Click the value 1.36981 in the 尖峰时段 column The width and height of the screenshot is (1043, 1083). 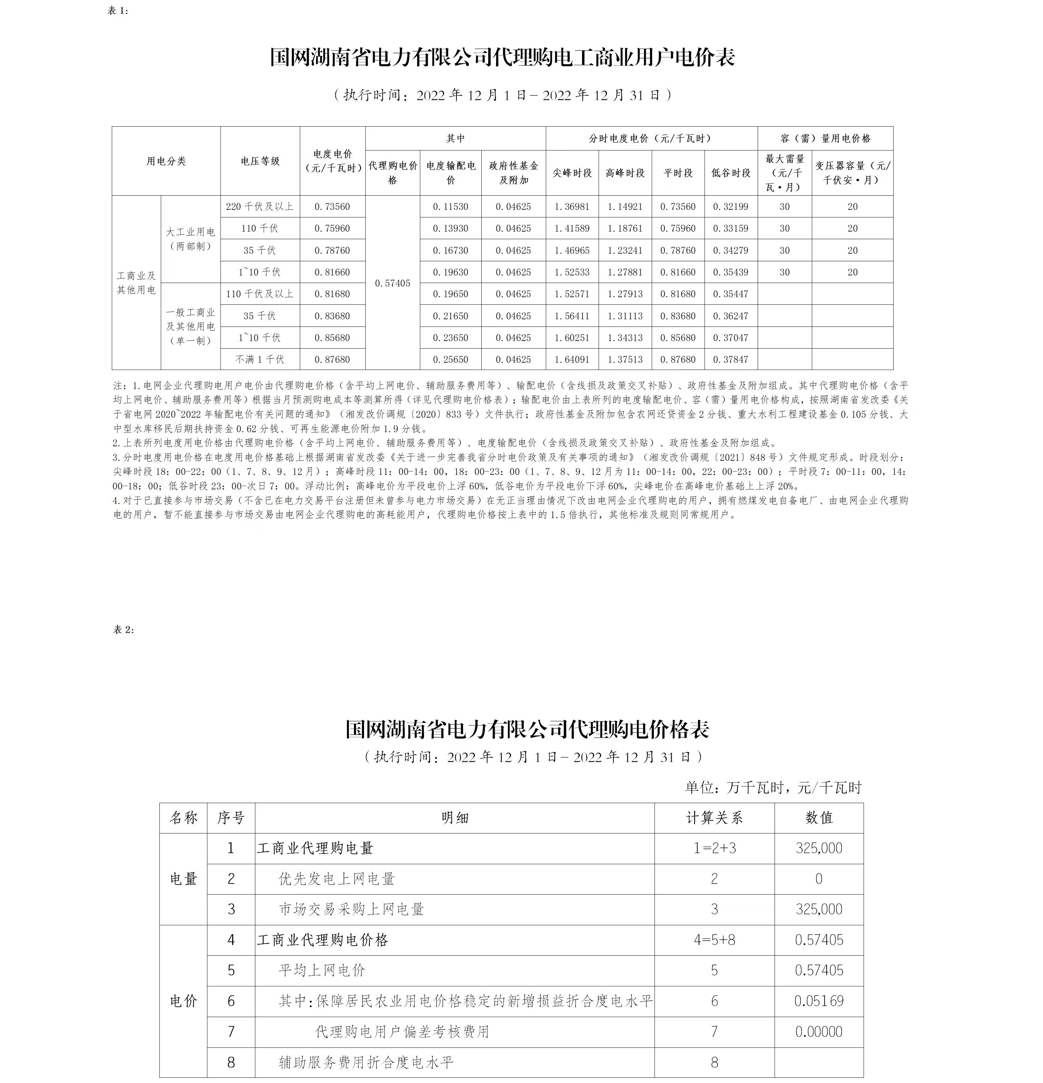(x=572, y=207)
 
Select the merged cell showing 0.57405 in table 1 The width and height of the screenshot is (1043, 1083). (x=392, y=283)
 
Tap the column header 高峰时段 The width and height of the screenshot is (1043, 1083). (x=625, y=173)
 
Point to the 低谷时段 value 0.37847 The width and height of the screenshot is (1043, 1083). (x=730, y=359)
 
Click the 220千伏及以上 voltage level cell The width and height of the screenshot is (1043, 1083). (x=260, y=207)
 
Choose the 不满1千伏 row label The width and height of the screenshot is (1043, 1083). (x=260, y=359)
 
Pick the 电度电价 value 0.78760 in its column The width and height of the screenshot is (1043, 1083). (x=332, y=250)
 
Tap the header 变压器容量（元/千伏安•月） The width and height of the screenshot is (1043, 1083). (x=853, y=173)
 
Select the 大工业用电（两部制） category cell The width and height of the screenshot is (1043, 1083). (x=190, y=239)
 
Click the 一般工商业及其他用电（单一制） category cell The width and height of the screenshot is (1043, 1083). (x=190, y=326)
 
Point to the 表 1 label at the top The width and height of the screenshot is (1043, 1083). (x=118, y=10)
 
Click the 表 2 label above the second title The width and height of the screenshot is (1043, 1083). (x=124, y=630)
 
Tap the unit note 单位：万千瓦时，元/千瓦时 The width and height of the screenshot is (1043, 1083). (x=774, y=787)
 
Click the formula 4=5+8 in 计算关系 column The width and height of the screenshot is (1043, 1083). (x=714, y=940)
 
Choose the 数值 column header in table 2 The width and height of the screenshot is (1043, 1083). (x=819, y=818)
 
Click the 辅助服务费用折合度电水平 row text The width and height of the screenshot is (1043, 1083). (x=366, y=1062)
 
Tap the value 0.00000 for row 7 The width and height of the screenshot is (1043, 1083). (x=819, y=1032)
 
